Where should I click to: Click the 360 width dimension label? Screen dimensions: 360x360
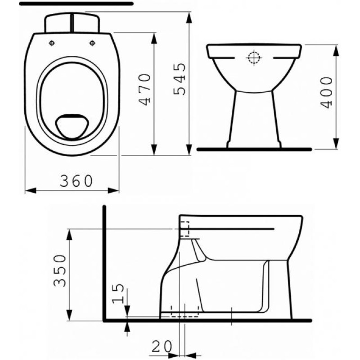tap(76, 181)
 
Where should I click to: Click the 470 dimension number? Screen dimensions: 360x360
tap(144, 90)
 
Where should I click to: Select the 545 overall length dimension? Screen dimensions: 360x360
tap(180, 79)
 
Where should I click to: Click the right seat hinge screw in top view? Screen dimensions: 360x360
tap(93, 43)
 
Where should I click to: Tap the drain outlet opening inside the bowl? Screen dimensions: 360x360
tap(72, 126)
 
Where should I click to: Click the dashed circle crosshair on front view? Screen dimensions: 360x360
tap(254, 58)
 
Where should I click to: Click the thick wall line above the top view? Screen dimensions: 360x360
tap(76, 3)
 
